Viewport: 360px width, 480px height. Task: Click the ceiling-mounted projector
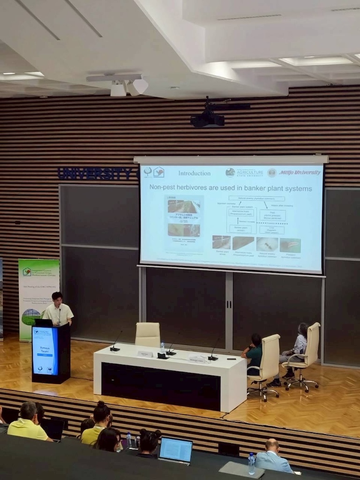pyautogui.click(x=207, y=119)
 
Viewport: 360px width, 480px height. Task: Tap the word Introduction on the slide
pyautogui.click(x=194, y=173)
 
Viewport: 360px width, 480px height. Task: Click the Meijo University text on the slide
pyautogui.click(x=300, y=172)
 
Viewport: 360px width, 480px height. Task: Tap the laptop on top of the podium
pyautogui.click(x=44, y=322)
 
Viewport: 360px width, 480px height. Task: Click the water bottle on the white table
pyautogui.click(x=163, y=347)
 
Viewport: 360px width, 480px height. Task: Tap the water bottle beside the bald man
pyautogui.click(x=252, y=464)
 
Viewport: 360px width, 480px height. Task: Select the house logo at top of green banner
pyautogui.click(x=27, y=271)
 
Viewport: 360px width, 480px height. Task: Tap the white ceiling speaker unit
pyautogui.click(x=128, y=87)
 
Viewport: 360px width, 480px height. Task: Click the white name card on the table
pyautogui.click(x=145, y=354)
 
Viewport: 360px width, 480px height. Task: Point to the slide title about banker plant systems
pyautogui.click(x=230, y=188)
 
